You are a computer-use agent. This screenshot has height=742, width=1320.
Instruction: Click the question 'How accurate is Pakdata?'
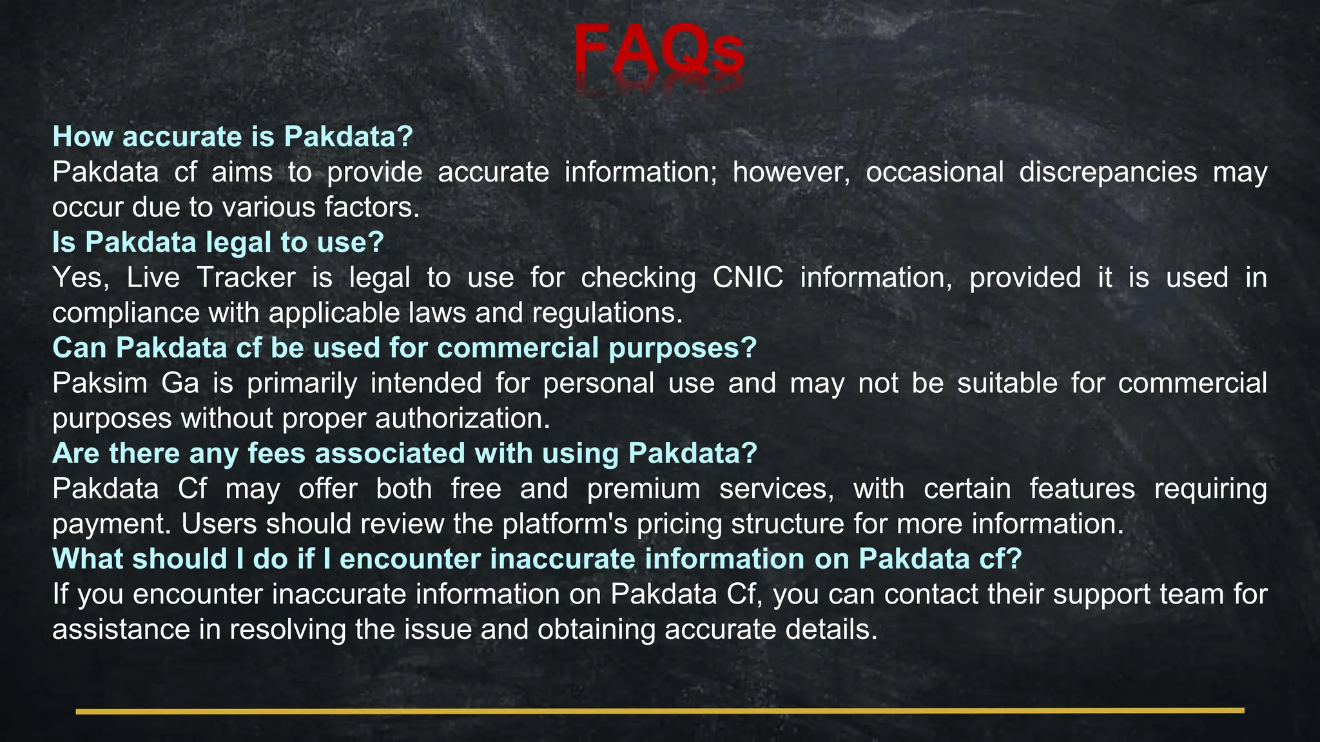[x=233, y=137]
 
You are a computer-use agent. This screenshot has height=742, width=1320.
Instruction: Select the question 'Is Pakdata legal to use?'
[x=218, y=242]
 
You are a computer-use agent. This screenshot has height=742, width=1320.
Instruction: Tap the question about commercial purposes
[x=404, y=348]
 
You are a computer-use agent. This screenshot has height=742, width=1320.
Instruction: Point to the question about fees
[x=404, y=453]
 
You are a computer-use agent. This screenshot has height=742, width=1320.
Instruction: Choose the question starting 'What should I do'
[x=537, y=559]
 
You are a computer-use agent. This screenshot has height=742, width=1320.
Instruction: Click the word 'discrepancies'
[x=1108, y=172]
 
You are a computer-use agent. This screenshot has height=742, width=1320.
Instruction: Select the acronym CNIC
[x=748, y=278]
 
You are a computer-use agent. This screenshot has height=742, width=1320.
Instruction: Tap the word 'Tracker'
[x=246, y=278]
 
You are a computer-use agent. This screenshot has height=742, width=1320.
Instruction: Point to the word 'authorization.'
[x=463, y=419]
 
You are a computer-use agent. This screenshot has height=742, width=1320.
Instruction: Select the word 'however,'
[x=791, y=172]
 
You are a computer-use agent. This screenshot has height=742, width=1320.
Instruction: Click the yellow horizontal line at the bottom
[x=659, y=711]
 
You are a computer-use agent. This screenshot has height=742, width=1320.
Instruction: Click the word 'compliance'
[x=126, y=314]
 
